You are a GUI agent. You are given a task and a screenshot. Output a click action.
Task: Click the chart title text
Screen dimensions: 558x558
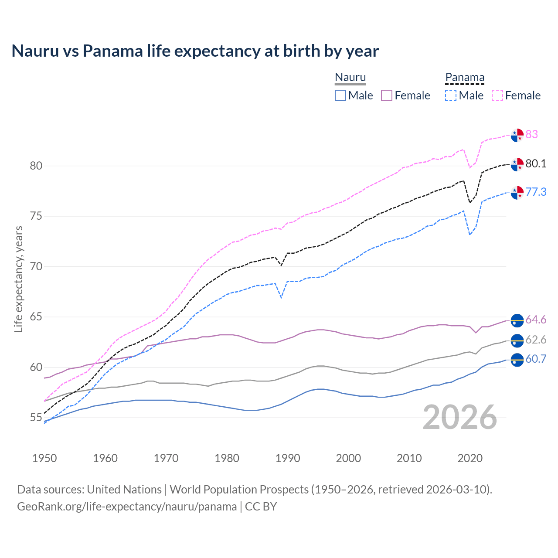[x=195, y=51]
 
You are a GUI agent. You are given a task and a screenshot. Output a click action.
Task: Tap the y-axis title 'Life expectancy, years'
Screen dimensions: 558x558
[x=18, y=279]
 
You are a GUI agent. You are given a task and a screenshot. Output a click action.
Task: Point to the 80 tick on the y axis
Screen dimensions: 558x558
[x=36, y=166]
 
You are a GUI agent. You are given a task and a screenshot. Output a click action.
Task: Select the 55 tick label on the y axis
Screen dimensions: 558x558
[x=36, y=418]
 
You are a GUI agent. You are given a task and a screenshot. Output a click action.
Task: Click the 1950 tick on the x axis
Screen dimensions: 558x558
[x=44, y=458]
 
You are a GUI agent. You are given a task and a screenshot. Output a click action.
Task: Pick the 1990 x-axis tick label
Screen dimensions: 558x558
[x=288, y=458]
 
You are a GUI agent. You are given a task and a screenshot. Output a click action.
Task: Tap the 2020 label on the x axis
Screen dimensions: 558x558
[x=470, y=458]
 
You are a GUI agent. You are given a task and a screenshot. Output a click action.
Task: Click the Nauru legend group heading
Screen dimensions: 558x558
[x=350, y=77]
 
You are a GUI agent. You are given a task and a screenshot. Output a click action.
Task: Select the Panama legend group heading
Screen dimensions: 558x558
[x=464, y=77]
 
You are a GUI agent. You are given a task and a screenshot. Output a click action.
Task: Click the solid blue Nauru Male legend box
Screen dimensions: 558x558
[x=340, y=95]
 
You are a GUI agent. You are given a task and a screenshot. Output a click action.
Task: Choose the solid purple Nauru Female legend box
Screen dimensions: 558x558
[x=387, y=95]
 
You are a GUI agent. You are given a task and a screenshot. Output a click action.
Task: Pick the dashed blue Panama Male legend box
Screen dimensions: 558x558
[x=451, y=95]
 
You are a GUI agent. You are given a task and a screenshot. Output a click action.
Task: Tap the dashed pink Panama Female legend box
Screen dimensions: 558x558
[x=497, y=95]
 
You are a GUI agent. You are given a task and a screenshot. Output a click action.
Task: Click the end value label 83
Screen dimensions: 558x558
[x=531, y=134]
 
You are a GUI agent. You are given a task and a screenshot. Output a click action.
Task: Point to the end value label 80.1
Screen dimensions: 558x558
[x=536, y=164]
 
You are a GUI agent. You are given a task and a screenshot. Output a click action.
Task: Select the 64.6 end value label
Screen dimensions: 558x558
[x=536, y=320]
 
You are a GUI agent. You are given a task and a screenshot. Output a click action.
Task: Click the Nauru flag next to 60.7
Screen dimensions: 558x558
[x=517, y=360]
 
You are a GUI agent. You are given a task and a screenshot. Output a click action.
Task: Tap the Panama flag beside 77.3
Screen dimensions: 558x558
[x=517, y=192]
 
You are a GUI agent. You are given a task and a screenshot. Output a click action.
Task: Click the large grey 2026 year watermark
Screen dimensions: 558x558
[x=459, y=417]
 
